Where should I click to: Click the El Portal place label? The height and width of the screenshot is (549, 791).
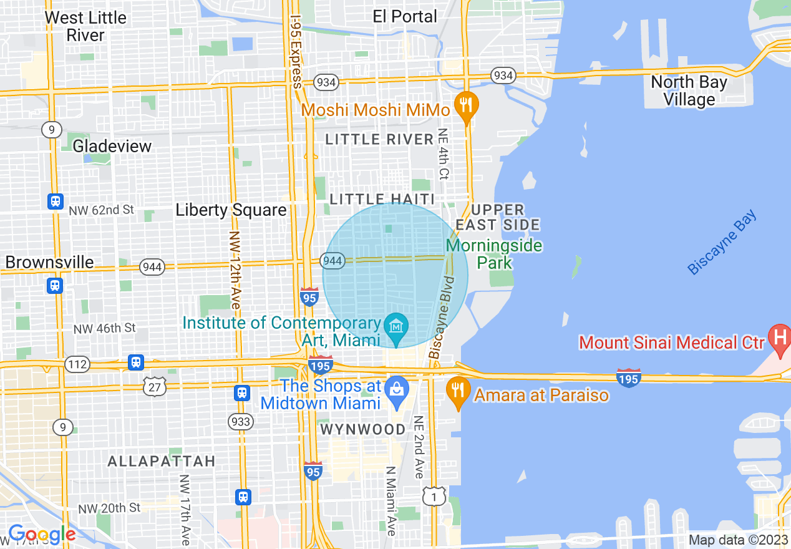coord(405,16)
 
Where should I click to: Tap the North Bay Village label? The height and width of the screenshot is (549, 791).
coord(689,90)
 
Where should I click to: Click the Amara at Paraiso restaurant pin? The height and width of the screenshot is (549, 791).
coord(459,391)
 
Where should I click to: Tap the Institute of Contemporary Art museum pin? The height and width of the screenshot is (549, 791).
coord(396,326)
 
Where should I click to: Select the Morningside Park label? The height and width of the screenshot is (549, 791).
coord(494,253)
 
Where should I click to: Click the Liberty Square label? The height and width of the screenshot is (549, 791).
coord(231,210)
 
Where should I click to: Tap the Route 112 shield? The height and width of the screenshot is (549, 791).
coord(77,364)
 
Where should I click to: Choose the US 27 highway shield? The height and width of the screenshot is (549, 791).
coord(154,387)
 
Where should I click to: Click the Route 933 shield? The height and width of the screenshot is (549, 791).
coord(240,422)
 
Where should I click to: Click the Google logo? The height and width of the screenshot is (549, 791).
coord(42,534)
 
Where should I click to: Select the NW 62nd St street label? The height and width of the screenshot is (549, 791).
coord(103,210)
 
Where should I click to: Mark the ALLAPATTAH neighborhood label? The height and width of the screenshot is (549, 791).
coord(162,461)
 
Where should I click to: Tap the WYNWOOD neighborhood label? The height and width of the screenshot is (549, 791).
coord(362,429)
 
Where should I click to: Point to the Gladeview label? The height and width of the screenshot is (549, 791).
coord(112,146)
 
